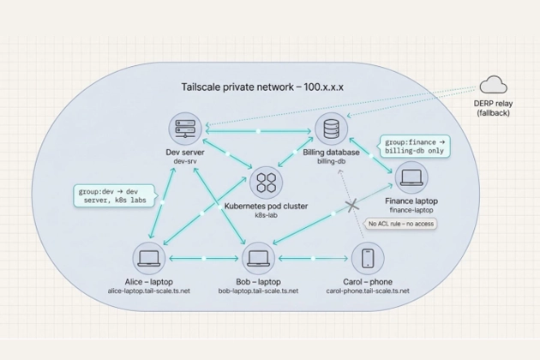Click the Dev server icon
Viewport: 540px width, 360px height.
(x=184, y=129)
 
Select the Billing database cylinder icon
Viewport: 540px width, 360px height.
(x=330, y=129)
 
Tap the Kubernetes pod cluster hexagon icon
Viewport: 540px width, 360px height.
(x=265, y=181)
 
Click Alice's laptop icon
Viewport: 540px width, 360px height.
(x=149, y=258)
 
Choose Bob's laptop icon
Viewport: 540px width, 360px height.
(x=258, y=258)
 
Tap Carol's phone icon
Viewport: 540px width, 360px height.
(x=368, y=258)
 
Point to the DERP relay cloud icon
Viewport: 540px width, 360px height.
(x=493, y=85)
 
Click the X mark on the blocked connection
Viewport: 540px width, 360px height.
(x=351, y=206)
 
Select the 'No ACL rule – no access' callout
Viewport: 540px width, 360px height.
(x=400, y=224)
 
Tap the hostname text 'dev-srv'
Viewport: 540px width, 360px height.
(x=185, y=161)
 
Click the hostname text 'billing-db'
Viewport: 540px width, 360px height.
(x=331, y=161)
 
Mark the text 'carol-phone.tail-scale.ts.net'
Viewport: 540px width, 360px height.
(x=368, y=291)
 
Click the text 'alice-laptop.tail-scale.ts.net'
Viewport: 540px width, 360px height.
(x=149, y=291)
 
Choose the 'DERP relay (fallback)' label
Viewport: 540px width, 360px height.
(x=493, y=107)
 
